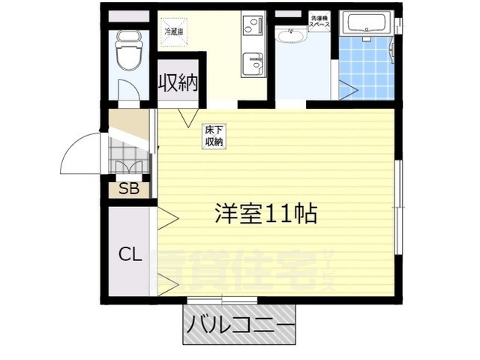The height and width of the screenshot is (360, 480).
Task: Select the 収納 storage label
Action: click(178, 82)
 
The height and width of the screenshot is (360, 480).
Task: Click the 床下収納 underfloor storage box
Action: click(213, 136)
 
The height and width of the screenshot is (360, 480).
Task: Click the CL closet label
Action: click(129, 254)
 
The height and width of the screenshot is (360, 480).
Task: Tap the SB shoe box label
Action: click(128, 188)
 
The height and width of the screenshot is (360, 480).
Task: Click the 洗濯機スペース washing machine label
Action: click(319, 20)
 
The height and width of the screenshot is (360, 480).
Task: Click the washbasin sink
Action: click(290, 35)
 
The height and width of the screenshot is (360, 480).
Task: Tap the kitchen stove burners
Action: click(253, 27)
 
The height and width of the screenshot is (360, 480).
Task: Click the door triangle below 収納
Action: click(187, 117)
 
